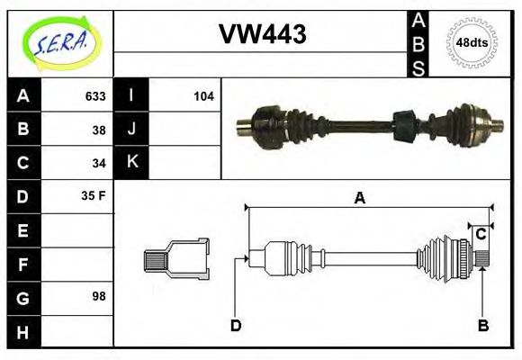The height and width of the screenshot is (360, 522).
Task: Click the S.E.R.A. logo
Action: [59, 42]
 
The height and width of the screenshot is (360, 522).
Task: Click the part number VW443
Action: [263, 34]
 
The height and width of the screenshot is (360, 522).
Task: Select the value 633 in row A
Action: [94, 96]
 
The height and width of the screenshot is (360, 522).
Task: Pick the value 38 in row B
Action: [99, 130]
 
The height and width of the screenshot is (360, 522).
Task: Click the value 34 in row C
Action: [99, 164]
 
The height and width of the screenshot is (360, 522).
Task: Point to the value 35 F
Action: [94, 195]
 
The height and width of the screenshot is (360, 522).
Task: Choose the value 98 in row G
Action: [99, 295]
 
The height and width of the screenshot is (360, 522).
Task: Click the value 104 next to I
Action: [203, 96]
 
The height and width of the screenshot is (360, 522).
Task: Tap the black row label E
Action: [23, 230]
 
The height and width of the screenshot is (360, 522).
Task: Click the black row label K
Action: [131, 163]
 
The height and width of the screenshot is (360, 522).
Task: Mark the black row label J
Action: [131, 130]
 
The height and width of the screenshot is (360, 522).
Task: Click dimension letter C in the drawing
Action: [481, 234]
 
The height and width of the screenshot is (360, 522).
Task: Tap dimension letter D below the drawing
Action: [236, 326]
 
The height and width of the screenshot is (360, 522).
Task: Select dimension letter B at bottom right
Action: [482, 326]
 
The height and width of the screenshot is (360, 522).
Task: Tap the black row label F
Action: [23, 264]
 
